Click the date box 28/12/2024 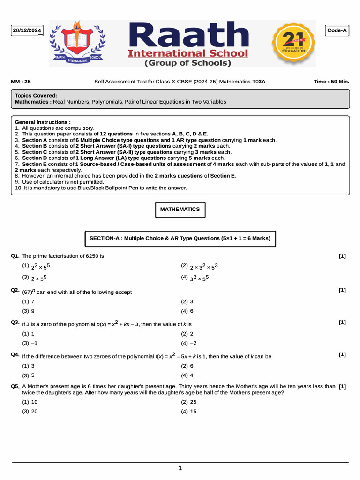(x=27, y=31)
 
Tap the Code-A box (x=337, y=30)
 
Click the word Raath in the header (x=188, y=35)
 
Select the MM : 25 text (x=21, y=82)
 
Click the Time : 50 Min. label (x=331, y=82)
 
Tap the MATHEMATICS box (x=180, y=210)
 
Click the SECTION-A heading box (x=180, y=238)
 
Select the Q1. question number (x=15, y=256)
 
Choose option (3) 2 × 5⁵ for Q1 (x=36, y=278)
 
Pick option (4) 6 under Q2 (x=187, y=311)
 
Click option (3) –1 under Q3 (x=30, y=343)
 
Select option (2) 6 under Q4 (x=187, y=366)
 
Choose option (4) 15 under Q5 (x=189, y=411)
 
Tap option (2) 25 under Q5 (x=189, y=402)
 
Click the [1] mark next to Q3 (x=342, y=322)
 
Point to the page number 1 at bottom (x=180, y=468)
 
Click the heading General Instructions (x=43, y=122)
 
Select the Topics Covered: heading (x=36, y=95)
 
